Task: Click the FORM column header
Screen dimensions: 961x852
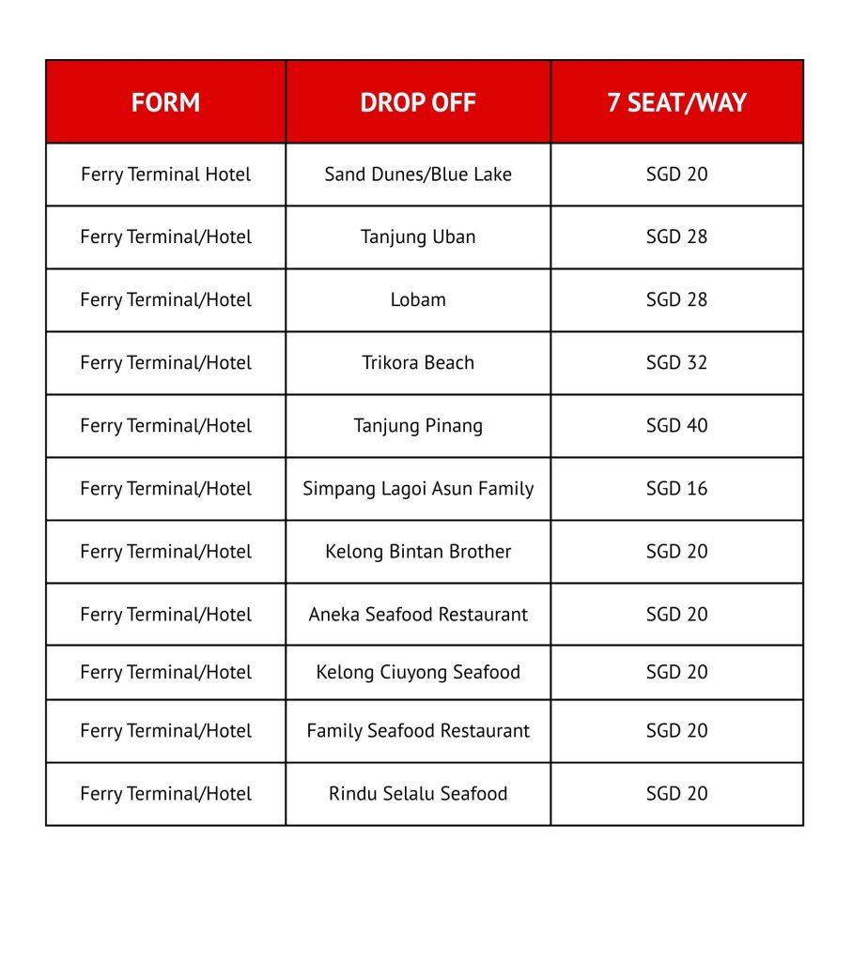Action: [x=165, y=102]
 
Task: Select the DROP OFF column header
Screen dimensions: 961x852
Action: [x=418, y=102]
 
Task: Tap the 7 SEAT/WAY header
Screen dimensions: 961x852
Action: [x=676, y=102]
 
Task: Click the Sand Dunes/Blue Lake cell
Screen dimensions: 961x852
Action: [x=418, y=175]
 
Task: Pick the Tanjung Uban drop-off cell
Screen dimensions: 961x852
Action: [x=418, y=237]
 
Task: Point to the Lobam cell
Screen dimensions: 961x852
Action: [x=418, y=300]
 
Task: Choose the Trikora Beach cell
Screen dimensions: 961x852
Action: [x=418, y=363]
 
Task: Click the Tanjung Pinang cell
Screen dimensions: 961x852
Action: [x=418, y=426]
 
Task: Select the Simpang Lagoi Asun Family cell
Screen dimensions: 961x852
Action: [x=418, y=489]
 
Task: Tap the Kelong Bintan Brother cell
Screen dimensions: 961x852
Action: [x=418, y=552]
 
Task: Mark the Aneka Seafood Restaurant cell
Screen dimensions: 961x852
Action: [x=418, y=615]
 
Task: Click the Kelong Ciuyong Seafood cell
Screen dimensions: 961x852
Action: [x=418, y=672]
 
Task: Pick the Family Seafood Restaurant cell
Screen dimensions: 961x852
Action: [x=418, y=731]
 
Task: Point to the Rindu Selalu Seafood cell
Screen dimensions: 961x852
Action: [x=418, y=794]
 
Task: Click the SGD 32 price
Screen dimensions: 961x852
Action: [x=676, y=363]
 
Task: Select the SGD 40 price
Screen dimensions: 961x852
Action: [x=676, y=426]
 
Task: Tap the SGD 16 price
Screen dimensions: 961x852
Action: [x=676, y=489]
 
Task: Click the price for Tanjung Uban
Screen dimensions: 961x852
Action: [x=676, y=237]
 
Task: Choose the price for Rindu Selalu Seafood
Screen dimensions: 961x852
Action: [x=676, y=794]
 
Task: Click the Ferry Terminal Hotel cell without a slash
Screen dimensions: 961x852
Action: [x=165, y=175]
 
